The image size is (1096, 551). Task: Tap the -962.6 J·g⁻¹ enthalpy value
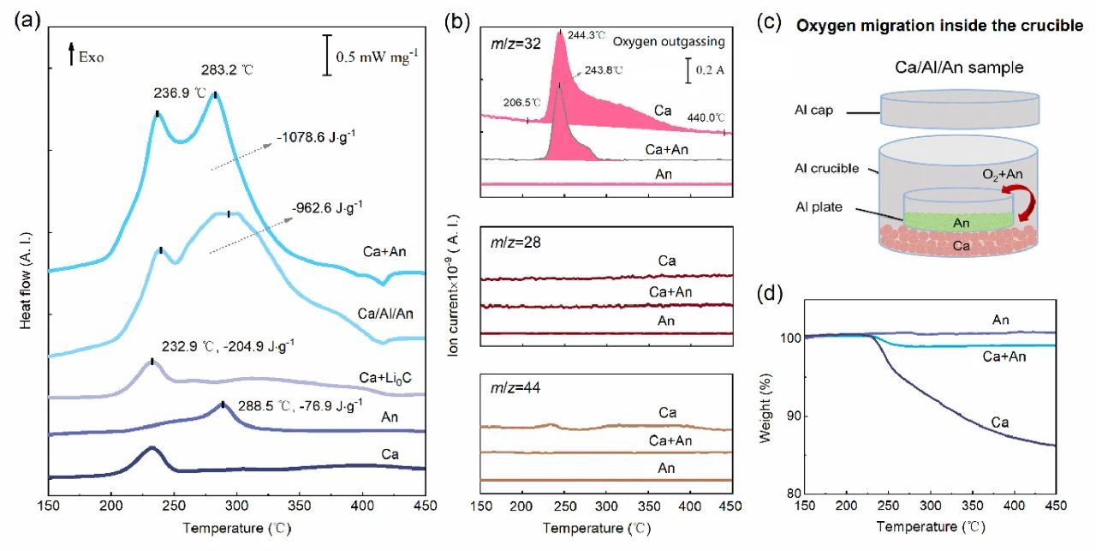(327, 206)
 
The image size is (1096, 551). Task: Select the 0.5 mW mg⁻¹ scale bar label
(377, 58)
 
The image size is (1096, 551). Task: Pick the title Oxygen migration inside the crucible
(940, 26)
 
